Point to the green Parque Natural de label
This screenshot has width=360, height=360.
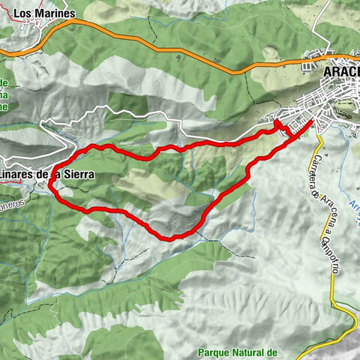237,352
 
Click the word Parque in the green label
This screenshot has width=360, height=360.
214,352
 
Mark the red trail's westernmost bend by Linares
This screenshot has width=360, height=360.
51,182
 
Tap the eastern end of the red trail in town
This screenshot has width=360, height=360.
311,121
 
